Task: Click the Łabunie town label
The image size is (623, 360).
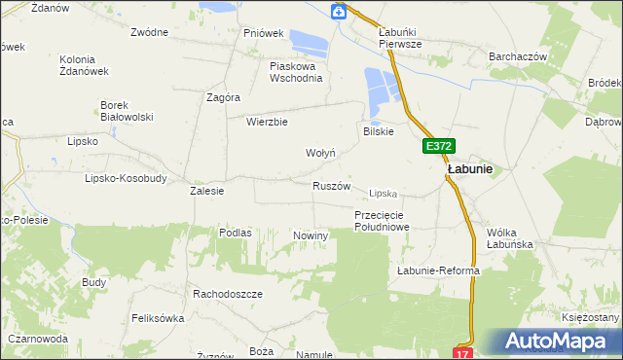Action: tap(469, 168)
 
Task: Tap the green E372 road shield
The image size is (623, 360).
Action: tap(438, 147)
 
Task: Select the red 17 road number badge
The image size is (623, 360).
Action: tap(462, 352)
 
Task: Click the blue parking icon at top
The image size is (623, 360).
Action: tap(338, 12)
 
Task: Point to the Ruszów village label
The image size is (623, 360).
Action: tap(331, 186)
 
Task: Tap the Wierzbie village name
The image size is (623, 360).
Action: tap(267, 123)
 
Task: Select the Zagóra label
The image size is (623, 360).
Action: tap(223, 97)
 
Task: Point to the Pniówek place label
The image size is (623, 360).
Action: tap(263, 33)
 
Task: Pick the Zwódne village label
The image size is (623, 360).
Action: tap(149, 32)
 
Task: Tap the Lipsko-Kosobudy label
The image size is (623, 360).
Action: tap(126, 179)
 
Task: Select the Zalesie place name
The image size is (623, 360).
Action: tap(206, 192)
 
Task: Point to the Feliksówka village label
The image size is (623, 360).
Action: tap(157, 318)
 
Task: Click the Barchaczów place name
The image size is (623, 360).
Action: tap(518, 57)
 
